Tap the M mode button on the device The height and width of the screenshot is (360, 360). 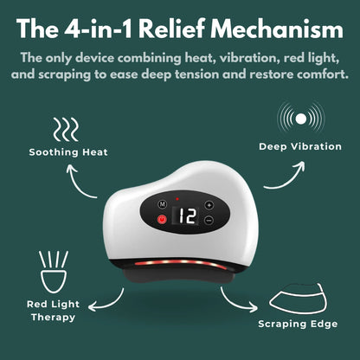[161, 205]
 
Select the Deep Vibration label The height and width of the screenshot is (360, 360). [300, 146]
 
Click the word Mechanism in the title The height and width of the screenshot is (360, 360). [270, 31]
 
